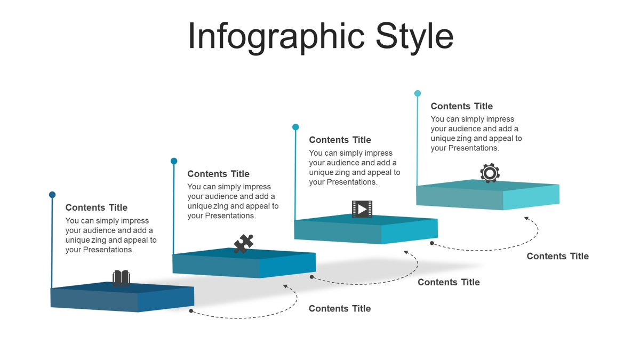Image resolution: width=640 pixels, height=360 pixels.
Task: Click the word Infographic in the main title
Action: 276,37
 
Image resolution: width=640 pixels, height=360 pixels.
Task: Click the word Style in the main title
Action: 414,37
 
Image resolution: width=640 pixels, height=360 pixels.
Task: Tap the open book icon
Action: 121,278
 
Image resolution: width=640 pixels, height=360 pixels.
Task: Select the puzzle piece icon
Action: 243,244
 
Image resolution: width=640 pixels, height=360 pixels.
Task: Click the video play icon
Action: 362,209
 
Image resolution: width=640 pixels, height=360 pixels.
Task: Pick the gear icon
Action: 490,173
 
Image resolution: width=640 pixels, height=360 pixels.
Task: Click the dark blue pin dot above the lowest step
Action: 52,195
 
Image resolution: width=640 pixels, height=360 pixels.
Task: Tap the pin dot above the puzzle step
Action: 174,161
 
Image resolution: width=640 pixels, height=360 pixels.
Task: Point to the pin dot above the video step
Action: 295,127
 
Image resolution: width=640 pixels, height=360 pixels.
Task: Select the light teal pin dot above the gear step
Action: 418,93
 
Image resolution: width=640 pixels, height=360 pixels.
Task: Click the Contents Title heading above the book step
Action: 97,207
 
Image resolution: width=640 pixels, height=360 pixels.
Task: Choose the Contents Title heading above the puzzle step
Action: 218,174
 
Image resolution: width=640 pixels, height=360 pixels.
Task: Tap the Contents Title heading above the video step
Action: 340,140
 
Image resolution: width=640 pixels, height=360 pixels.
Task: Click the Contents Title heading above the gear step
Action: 462,106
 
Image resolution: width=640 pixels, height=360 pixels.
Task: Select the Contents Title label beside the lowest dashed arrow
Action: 340,308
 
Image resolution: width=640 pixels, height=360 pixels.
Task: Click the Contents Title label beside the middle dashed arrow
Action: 449,282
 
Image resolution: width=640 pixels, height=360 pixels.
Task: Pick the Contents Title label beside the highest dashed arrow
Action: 558,256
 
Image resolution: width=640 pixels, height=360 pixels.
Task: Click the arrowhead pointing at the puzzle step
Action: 286,286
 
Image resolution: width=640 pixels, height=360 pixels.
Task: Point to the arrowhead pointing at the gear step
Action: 527,219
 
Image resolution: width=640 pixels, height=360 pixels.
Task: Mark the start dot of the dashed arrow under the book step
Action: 191,311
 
